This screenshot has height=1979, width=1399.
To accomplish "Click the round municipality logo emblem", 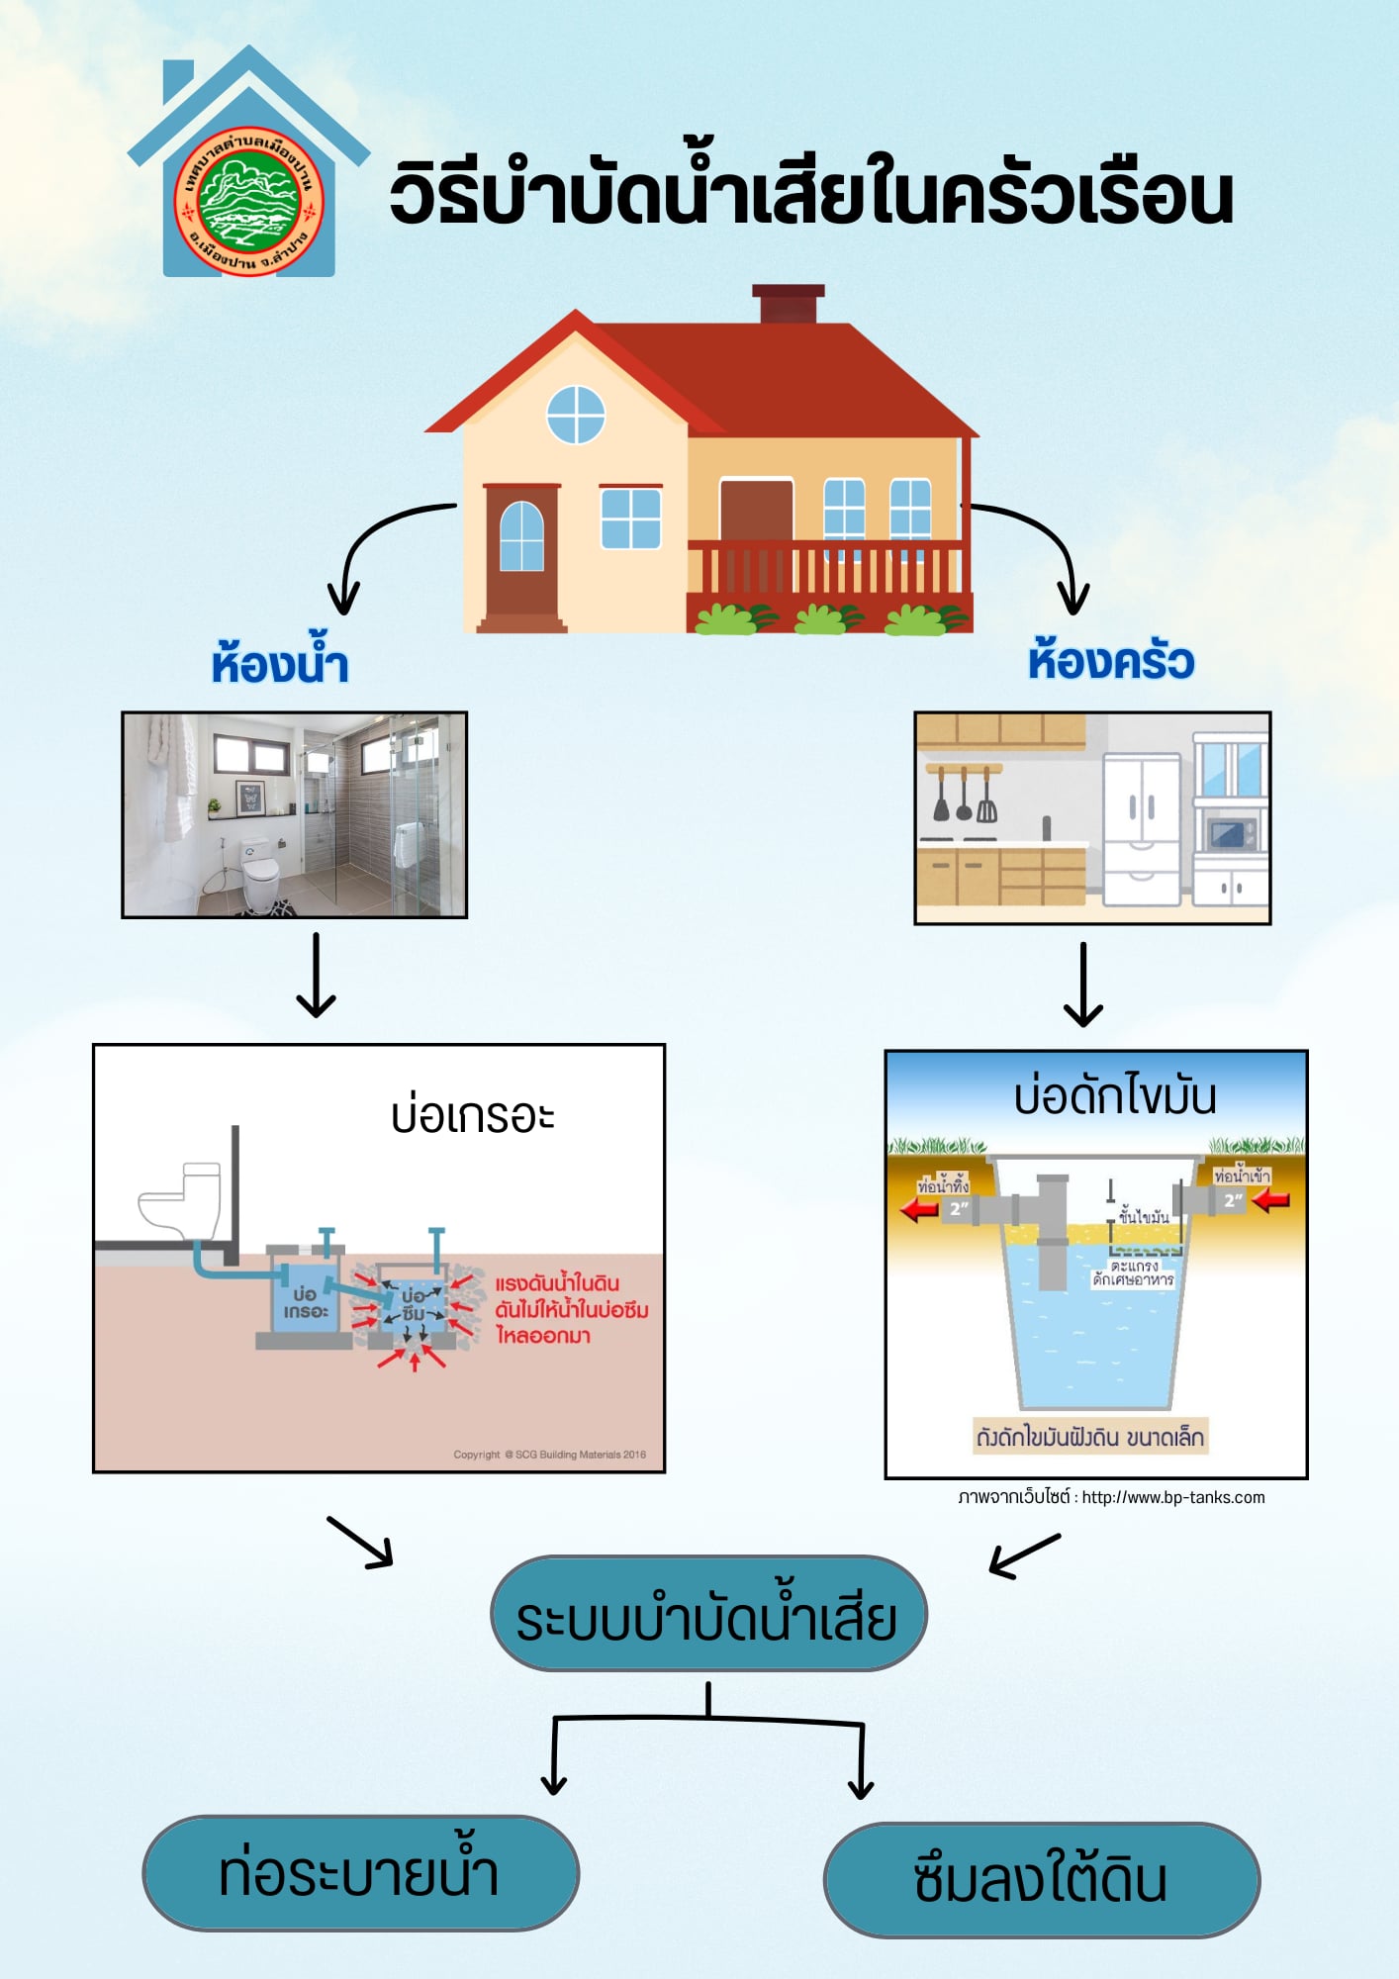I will pyautogui.click(x=249, y=202).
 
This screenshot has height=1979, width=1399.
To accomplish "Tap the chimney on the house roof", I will pyautogui.click(x=788, y=304).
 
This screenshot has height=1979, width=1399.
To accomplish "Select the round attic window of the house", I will pyautogui.click(x=576, y=415).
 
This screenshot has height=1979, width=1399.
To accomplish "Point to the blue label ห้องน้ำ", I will pyautogui.click(x=280, y=663).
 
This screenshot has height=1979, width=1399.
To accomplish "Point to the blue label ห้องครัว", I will pyautogui.click(x=1110, y=660).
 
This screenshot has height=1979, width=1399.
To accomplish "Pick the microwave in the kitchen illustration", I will pyautogui.click(x=1231, y=833).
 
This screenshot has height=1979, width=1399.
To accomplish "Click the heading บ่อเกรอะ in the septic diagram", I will pyautogui.click(x=472, y=1116).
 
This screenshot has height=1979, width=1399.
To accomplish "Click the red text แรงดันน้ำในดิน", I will pyautogui.click(x=557, y=1283).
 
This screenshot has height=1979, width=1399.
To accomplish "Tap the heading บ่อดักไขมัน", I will pyautogui.click(x=1115, y=1096).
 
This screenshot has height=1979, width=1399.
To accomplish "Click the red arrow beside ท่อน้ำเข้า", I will pyautogui.click(x=1270, y=1200).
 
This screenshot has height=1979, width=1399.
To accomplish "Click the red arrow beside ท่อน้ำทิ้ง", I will pyautogui.click(x=919, y=1208).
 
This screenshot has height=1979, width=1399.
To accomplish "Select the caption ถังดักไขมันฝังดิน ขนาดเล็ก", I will pyautogui.click(x=1090, y=1437).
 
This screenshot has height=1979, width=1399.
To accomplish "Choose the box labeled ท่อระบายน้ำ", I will pyautogui.click(x=360, y=1873).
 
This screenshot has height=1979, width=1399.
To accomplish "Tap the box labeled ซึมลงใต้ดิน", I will pyautogui.click(x=1041, y=1880).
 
